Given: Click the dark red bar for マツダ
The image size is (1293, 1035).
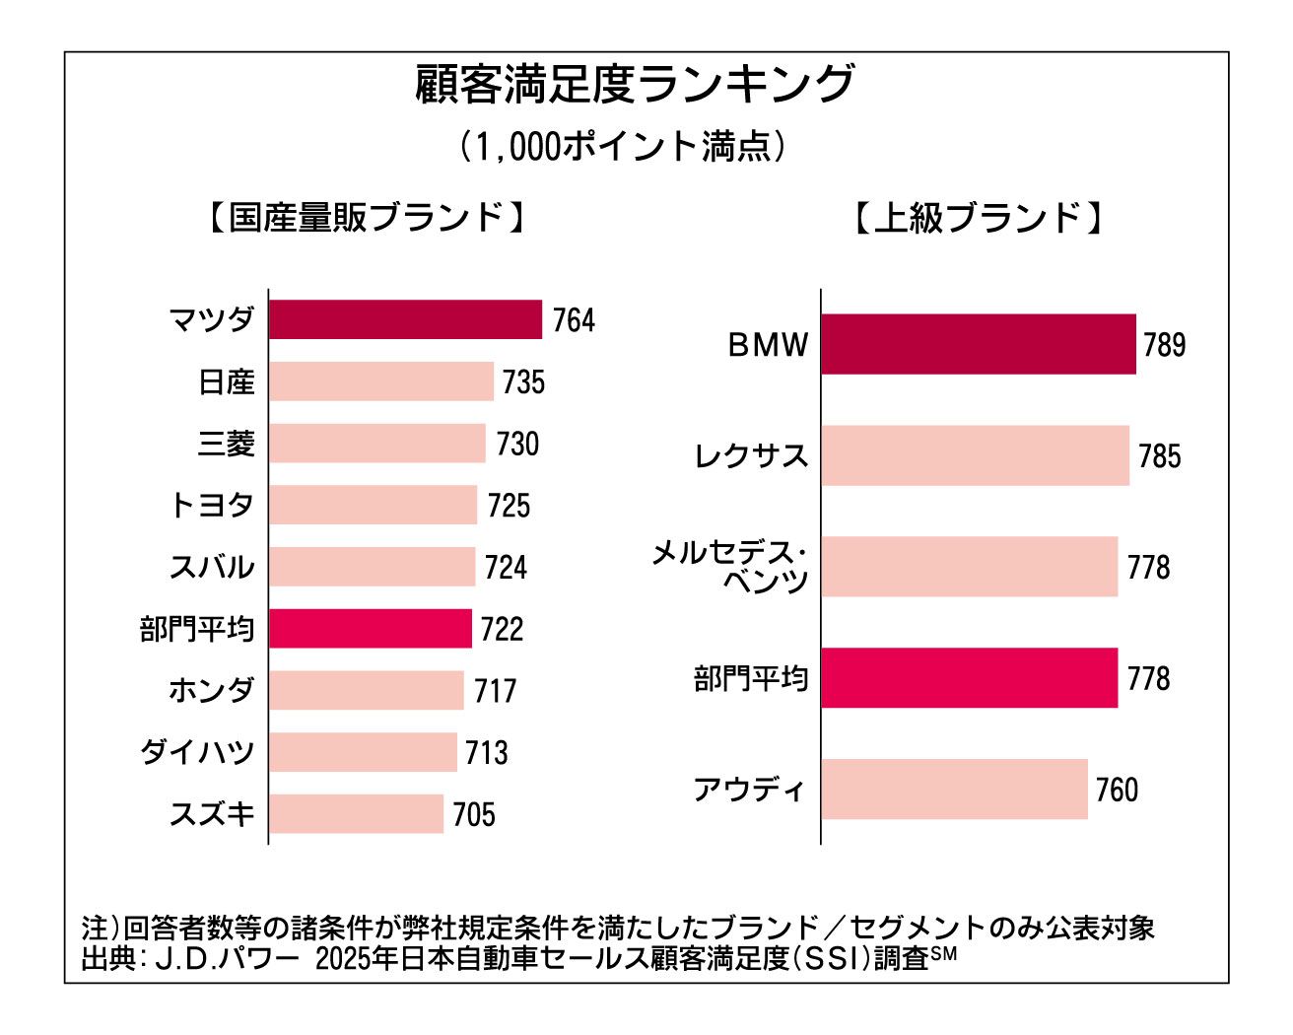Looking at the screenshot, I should click(405, 319).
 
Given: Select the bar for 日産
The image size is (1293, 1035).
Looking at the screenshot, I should click(380, 381).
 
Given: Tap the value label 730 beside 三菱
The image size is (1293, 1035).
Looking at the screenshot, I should click(517, 444).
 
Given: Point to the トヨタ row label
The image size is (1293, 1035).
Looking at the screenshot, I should click(212, 506).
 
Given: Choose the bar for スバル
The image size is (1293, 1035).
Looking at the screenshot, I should click(372, 567).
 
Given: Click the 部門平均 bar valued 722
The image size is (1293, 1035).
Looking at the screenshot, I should click(370, 629).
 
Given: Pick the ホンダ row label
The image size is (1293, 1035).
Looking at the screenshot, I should click(212, 690).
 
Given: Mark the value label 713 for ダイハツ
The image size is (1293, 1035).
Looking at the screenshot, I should click(487, 753).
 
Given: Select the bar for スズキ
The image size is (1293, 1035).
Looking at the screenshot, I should click(356, 814).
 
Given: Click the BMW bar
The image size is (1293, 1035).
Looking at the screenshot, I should click(978, 344).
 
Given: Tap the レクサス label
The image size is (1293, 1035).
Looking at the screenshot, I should click(751, 455).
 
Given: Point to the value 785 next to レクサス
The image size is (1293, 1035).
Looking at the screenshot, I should click(1159, 456).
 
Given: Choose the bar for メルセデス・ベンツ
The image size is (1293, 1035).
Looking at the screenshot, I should click(969, 567).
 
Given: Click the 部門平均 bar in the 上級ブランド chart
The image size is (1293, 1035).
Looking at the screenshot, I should click(969, 678).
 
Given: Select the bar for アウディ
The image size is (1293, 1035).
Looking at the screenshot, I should click(954, 789).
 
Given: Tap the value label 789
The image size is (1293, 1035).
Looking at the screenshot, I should click(1164, 345).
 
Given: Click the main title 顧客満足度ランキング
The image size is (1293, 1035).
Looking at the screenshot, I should click(635, 85).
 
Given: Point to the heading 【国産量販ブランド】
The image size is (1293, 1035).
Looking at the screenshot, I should click(366, 218).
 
